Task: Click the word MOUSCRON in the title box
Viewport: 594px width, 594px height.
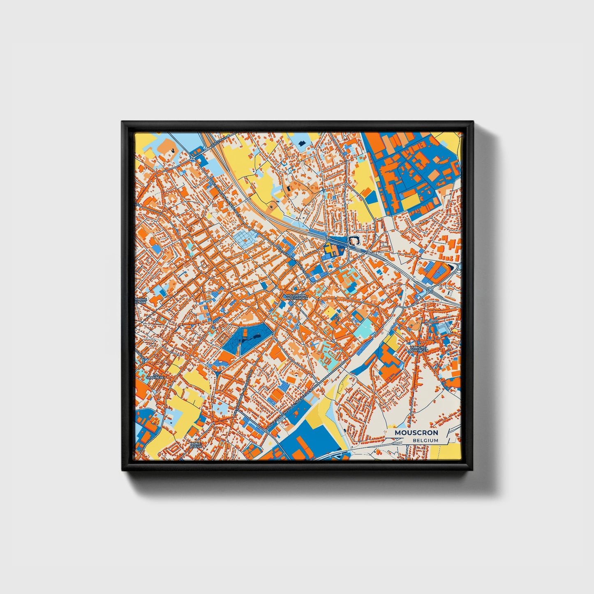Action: pos(416,433)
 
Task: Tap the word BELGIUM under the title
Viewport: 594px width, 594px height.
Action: pos(425,440)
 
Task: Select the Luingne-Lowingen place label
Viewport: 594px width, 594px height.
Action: pos(419,349)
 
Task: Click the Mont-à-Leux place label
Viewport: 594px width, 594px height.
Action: pos(196,445)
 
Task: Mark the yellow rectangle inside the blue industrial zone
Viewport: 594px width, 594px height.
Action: pos(411,201)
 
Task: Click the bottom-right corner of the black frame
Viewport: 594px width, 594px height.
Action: pos(473,470)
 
